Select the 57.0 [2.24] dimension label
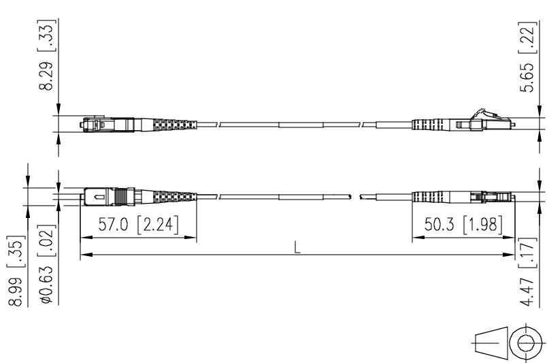[139, 225]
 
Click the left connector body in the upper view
[102, 125]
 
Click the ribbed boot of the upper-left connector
[170, 125]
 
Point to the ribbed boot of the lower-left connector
[170, 196]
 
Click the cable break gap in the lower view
[355, 196]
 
